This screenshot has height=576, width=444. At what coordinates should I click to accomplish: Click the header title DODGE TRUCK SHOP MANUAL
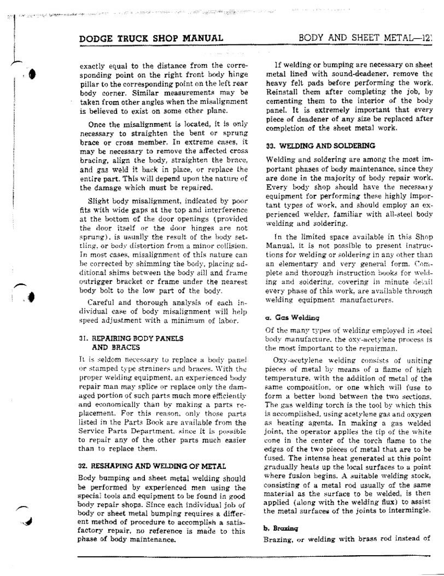[x=151, y=38]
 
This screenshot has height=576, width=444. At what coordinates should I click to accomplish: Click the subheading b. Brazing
[x=281, y=528]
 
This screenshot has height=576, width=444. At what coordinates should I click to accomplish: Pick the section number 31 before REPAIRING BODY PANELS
[x=84, y=338]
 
